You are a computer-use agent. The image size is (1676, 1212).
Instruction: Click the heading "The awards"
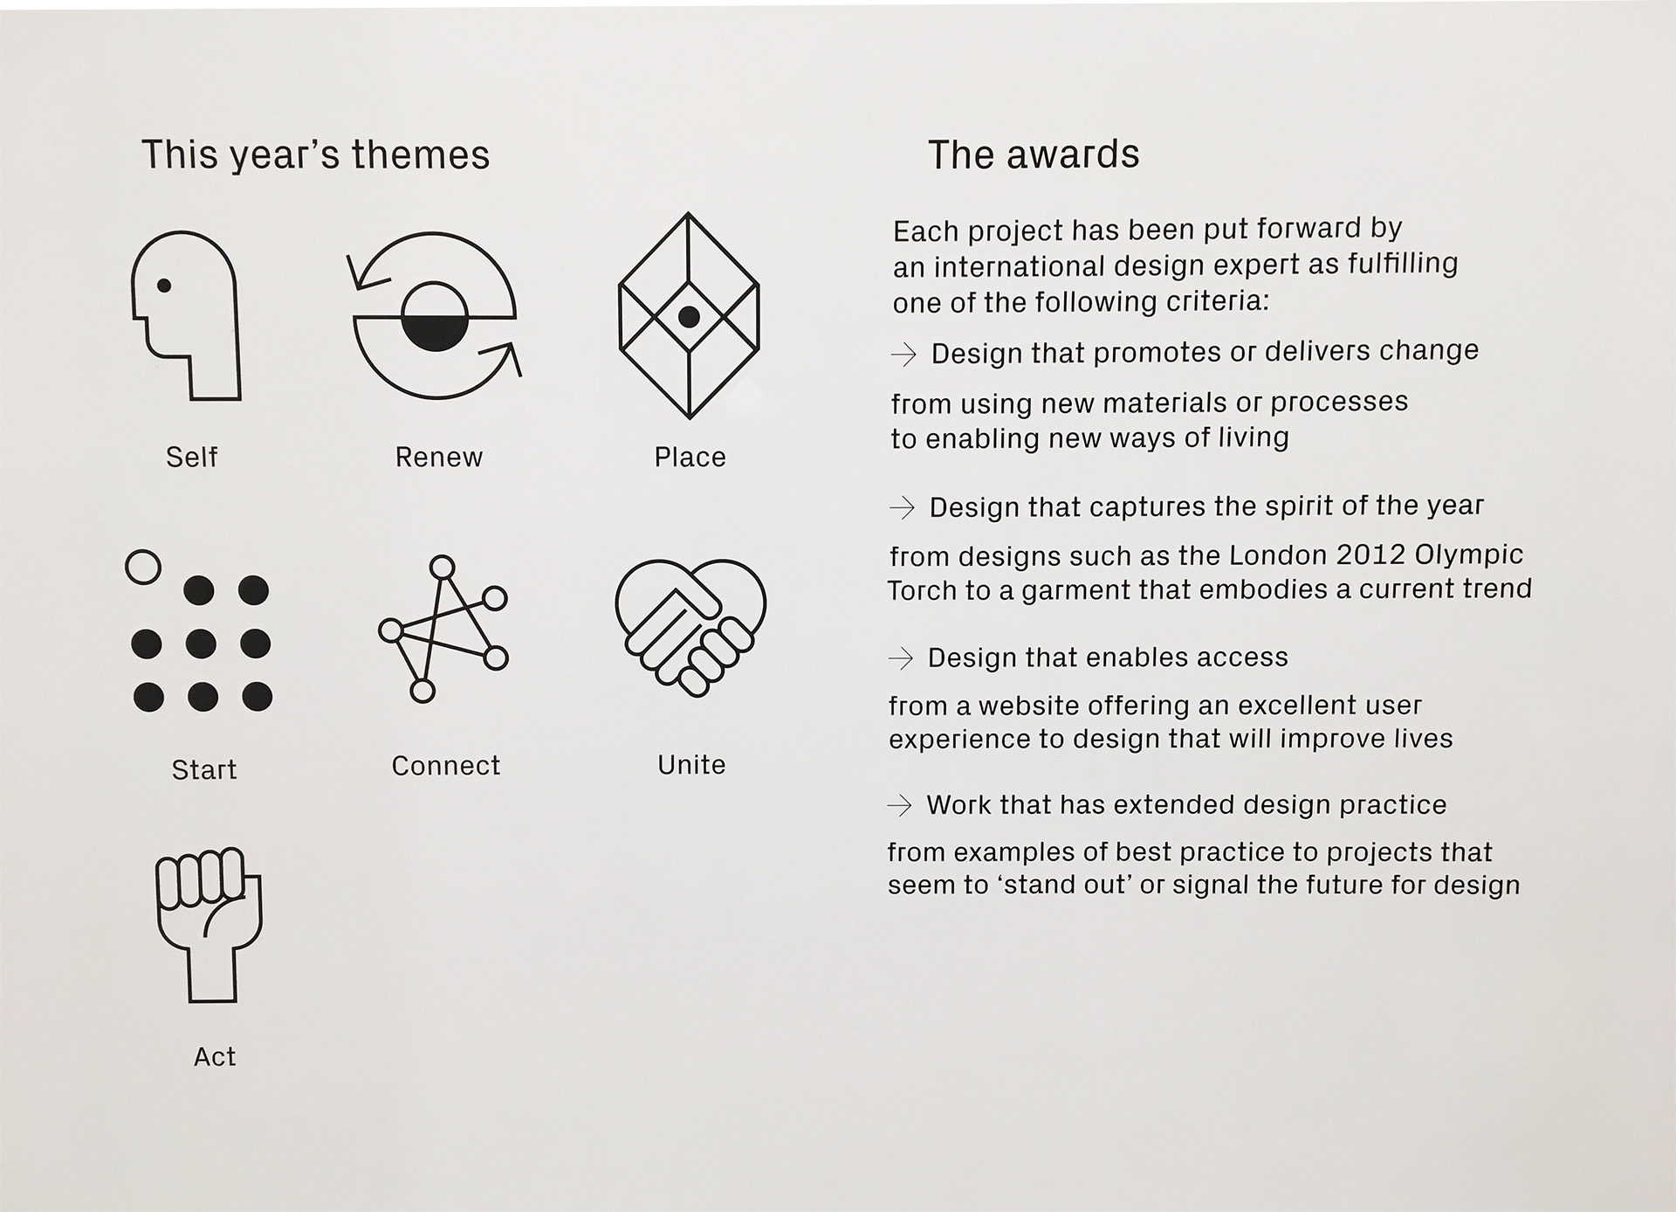(1034, 155)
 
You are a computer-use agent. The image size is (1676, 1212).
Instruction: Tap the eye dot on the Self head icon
(163, 285)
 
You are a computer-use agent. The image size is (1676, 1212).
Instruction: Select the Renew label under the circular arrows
(438, 457)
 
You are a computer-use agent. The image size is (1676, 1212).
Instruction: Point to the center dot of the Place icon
(689, 316)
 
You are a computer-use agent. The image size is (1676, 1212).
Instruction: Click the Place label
(690, 457)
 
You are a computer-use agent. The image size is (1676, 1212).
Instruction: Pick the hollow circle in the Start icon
(143, 567)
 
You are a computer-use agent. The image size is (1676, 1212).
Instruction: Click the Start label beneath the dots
(204, 769)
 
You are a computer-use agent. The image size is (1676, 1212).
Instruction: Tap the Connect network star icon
(443, 629)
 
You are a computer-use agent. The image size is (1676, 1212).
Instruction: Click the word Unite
(691, 765)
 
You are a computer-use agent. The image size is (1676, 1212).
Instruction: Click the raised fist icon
(209, 925)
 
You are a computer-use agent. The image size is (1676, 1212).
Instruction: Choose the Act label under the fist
(215, 1057)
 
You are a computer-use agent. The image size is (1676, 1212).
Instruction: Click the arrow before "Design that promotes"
(903, 354)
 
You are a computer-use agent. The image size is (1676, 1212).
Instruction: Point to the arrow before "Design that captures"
(902, 507)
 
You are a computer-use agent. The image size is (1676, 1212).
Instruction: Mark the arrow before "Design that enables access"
(900, 658)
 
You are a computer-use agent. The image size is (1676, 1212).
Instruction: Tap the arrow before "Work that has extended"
(899, 805)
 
